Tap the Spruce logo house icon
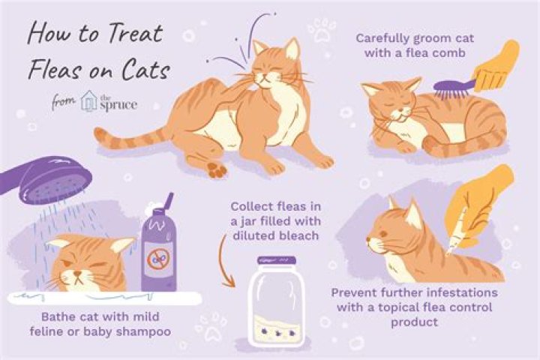[x=89, y=100]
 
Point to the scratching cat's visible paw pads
[x=215, y=169]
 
